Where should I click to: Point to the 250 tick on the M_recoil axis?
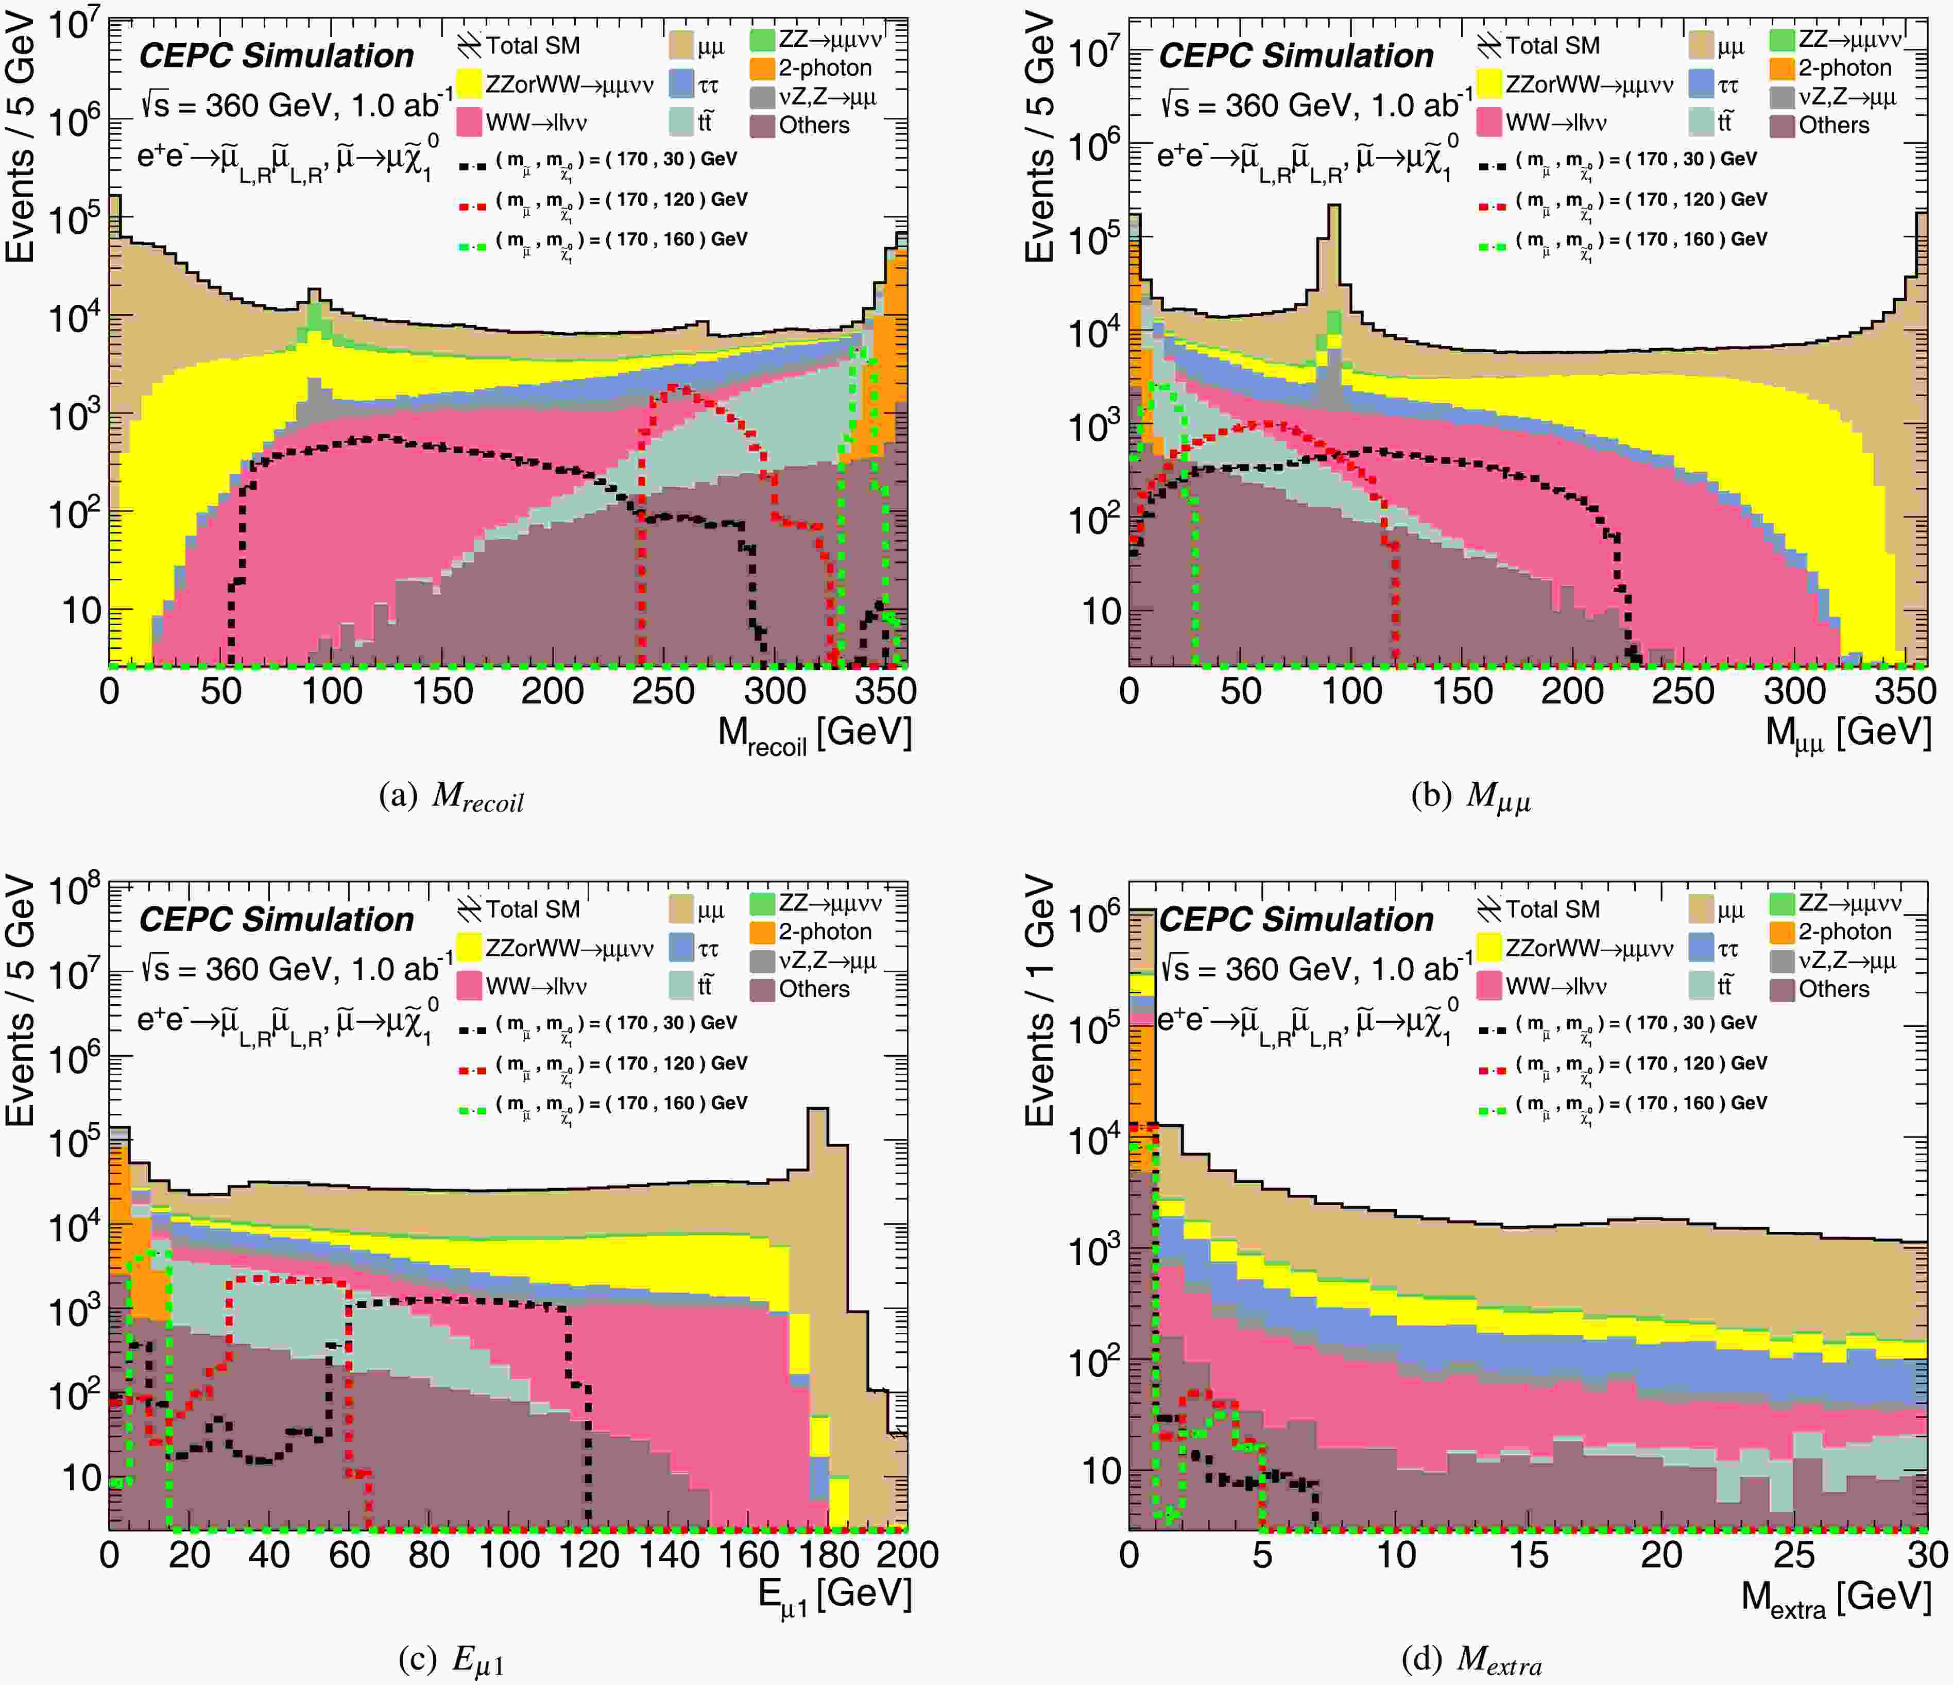(x=663, y=691)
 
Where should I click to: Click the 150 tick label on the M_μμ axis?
(x=1462, y=691)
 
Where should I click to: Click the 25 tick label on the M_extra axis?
(x=1794, y=1554)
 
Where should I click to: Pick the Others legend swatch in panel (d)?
(x=1781, y=989)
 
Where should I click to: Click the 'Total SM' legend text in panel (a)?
(x=533, y=45)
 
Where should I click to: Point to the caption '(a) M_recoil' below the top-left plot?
(x=451, y=797)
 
